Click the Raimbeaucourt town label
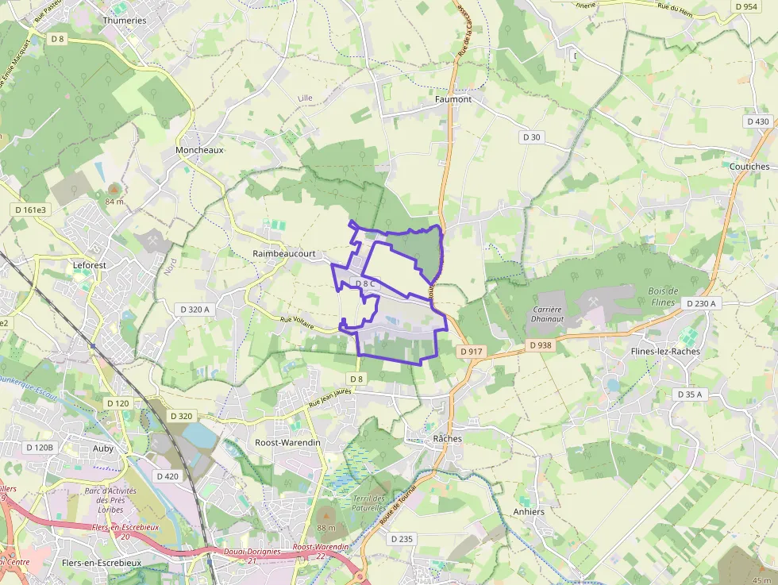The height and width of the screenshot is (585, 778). tap(284, 253)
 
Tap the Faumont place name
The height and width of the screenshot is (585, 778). tap(453, 99)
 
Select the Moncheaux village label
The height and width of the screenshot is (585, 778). tap(199, 149)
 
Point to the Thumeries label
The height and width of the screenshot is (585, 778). tap(125, 21)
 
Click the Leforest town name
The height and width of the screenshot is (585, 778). tap(89, 264)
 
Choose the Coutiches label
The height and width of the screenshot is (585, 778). tap(749, 167)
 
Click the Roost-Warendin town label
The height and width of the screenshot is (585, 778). tap(287, 442)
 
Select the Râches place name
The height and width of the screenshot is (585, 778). tap(448, 438)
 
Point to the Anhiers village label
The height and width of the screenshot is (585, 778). tap(529, 511)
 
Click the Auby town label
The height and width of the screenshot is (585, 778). tap(103, 448)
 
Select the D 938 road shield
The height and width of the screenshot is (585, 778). tap(539, 345)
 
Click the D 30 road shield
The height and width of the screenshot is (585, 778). tap(532, 137)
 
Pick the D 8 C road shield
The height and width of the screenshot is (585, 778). tap(365, 283)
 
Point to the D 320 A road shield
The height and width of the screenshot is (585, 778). tap(194, 309)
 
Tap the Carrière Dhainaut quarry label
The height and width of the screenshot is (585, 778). tap(548, 314)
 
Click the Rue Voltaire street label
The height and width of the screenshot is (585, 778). tap(298, 323)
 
